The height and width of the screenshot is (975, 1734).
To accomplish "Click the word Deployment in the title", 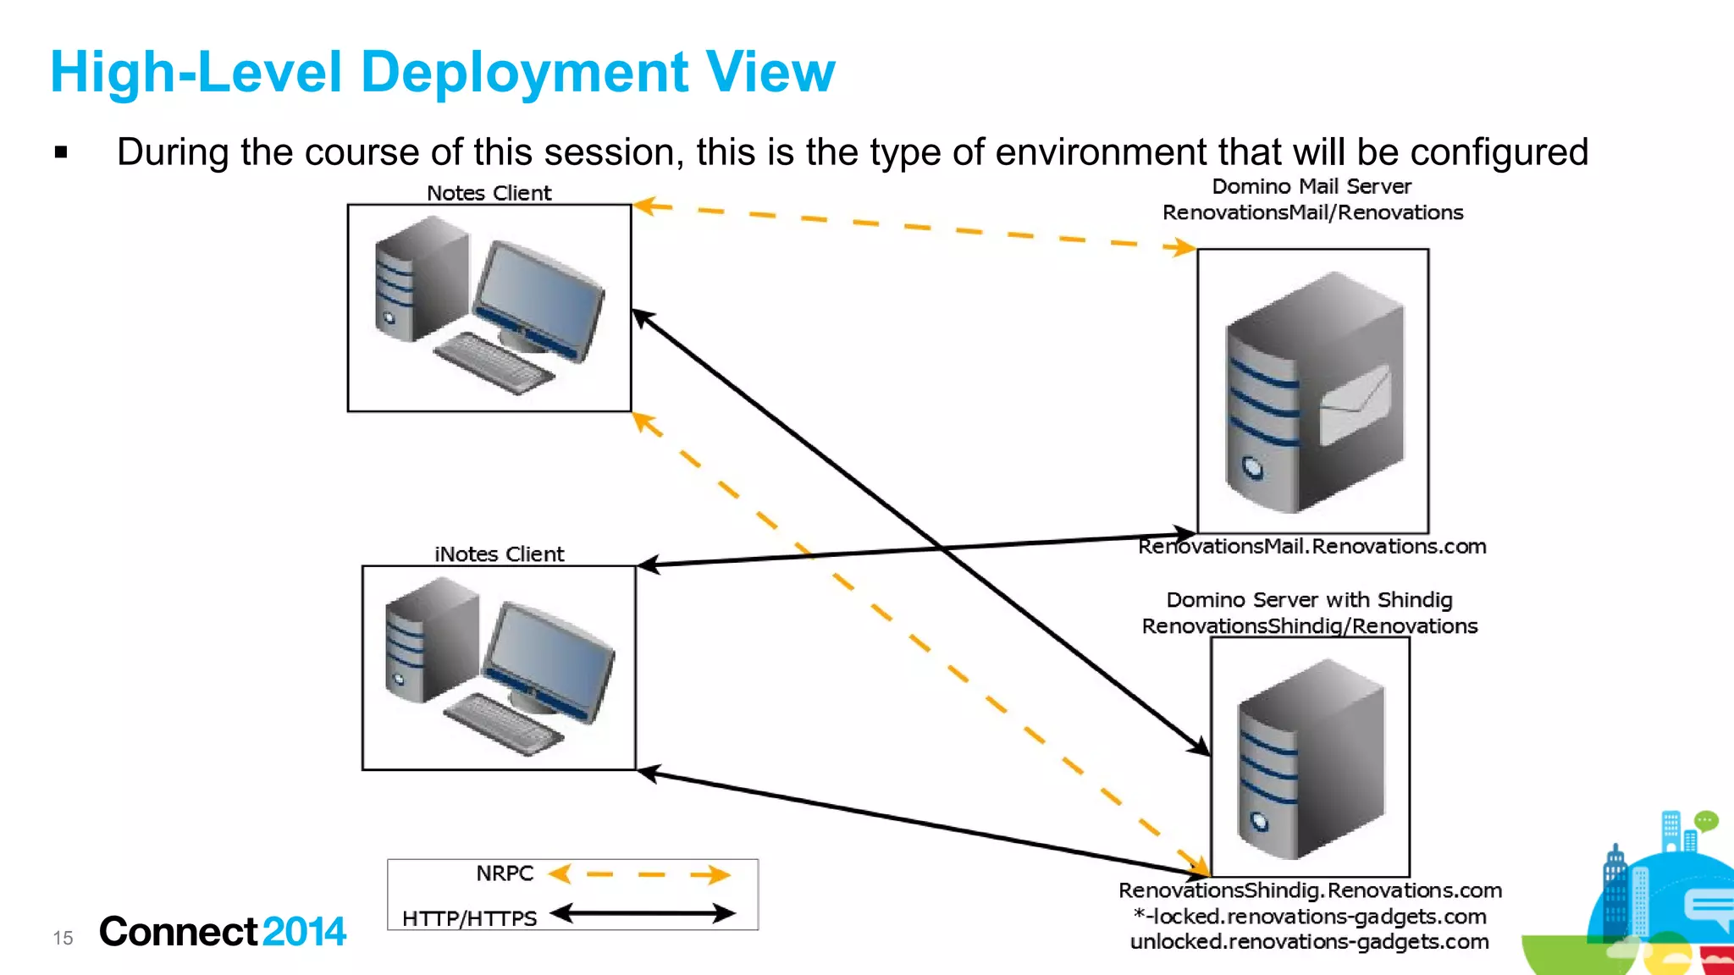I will click(x=525, y=73).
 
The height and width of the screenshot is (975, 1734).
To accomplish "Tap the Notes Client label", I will click(x=489, y=193).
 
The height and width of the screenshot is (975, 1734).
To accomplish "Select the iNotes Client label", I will click(x=499, y=554).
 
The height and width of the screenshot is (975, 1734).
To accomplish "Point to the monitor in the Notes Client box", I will click(x=538, y=297).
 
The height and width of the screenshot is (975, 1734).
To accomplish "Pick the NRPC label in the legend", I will click(x=505, y=873).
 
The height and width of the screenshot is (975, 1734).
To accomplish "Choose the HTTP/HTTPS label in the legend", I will click(x=469, y=918).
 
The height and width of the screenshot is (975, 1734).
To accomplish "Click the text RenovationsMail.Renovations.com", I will click(x=1312, y=547).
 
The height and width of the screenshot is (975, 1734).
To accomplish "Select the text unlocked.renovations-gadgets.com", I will click(x=1309, y=942).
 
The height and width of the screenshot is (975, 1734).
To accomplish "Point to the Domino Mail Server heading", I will click(x=1312, y=186).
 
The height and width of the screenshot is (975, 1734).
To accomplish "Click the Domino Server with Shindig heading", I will click(x=1309, y=600).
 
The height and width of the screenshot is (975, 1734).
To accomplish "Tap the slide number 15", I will click(x=63, y=938).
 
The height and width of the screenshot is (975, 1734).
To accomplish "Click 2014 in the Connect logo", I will click(x=304, y=932).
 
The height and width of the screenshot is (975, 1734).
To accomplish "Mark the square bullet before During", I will click(x=61, y=152).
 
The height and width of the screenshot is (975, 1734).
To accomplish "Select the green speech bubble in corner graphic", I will click(x=1706, y=820).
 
